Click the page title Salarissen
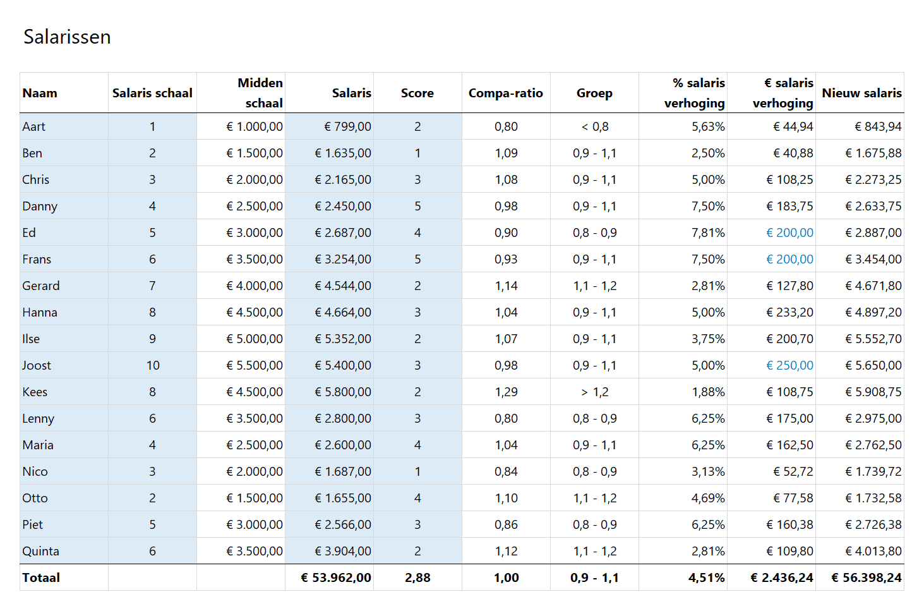(67, 37)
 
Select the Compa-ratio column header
(505, 93)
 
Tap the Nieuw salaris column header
(861, 93)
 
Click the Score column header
(417, 93)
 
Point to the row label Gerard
(41, 286)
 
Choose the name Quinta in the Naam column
(40, 551)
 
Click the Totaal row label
(41, 578)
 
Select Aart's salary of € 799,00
(347, 126)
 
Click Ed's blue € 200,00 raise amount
(789, 233)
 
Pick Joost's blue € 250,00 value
(789, 365)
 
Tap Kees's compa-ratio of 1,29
(506, 392)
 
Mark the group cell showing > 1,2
(594, 392)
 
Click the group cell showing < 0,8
(594, 126)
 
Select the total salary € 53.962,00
(336, 578)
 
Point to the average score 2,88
(417, 578)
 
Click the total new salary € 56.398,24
(867, 578)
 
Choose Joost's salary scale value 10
(153, 365)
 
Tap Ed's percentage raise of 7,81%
(708, 233)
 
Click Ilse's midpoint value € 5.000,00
(255, 339)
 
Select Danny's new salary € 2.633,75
(873, 206)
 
